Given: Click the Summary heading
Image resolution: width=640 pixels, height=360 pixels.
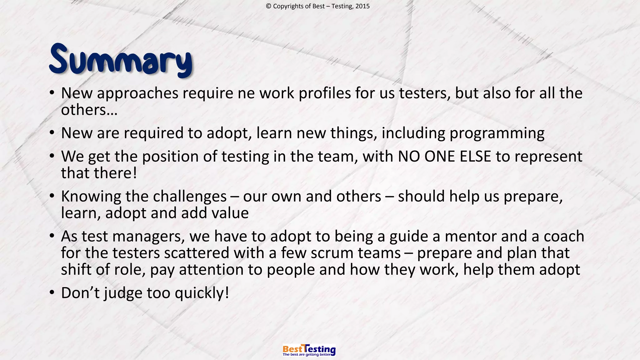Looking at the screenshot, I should click(x=121, y=60).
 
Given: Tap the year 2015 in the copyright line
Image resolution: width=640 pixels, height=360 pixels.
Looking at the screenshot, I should click(x=362, y=6).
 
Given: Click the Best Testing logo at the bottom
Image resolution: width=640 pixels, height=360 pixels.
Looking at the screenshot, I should click(x=309, y=350).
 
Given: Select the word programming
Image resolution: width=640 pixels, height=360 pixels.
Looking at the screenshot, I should click(x=497, y=133).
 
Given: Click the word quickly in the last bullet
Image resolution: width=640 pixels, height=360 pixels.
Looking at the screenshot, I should click(x=202, y=293).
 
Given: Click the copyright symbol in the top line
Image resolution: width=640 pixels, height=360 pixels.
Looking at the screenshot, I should click(x=268, y=6).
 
